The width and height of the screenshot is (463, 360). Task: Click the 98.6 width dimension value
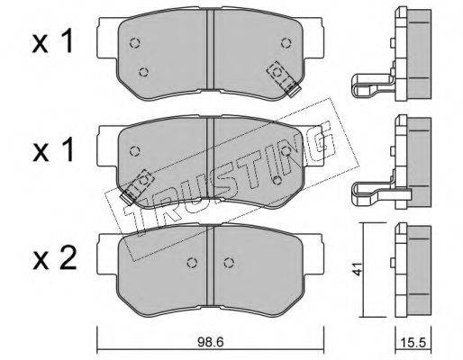(x=211, y=342)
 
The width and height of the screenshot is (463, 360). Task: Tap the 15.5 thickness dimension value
(x=413, y=343)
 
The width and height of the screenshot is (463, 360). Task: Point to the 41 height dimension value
(x=358, y=269)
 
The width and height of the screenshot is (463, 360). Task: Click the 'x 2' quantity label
(x=54, y=259)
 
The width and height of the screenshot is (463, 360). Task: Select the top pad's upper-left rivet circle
(x=135, y=43)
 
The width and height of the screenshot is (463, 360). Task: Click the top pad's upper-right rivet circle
(x=286, y=43)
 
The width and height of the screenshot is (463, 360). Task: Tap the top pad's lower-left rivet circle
(x=144, y=72)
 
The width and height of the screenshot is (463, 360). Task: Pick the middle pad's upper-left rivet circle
(x=135, y=151)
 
